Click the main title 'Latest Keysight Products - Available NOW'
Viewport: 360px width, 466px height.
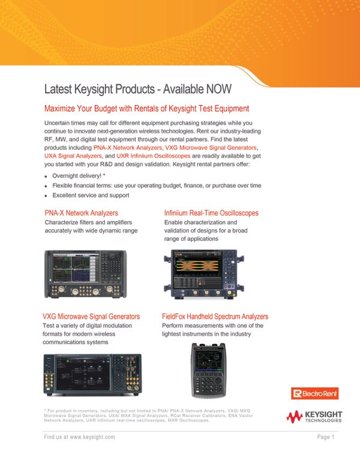point(138,89)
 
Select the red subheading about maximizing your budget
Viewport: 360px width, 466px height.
point(147,109)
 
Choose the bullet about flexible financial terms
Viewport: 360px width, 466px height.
point(157,186)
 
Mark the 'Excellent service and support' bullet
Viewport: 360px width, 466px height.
point(91,195)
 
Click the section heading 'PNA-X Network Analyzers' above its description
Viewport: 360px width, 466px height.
point(82,213)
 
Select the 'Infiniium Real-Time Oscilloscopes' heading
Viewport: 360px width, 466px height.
point(211,213)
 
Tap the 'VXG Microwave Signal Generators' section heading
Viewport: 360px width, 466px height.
point(91,316)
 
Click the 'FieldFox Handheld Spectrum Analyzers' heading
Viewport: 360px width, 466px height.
point(215,316)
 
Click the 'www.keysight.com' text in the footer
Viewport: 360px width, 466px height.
point(92,437)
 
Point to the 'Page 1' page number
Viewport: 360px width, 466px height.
point(326,437)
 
